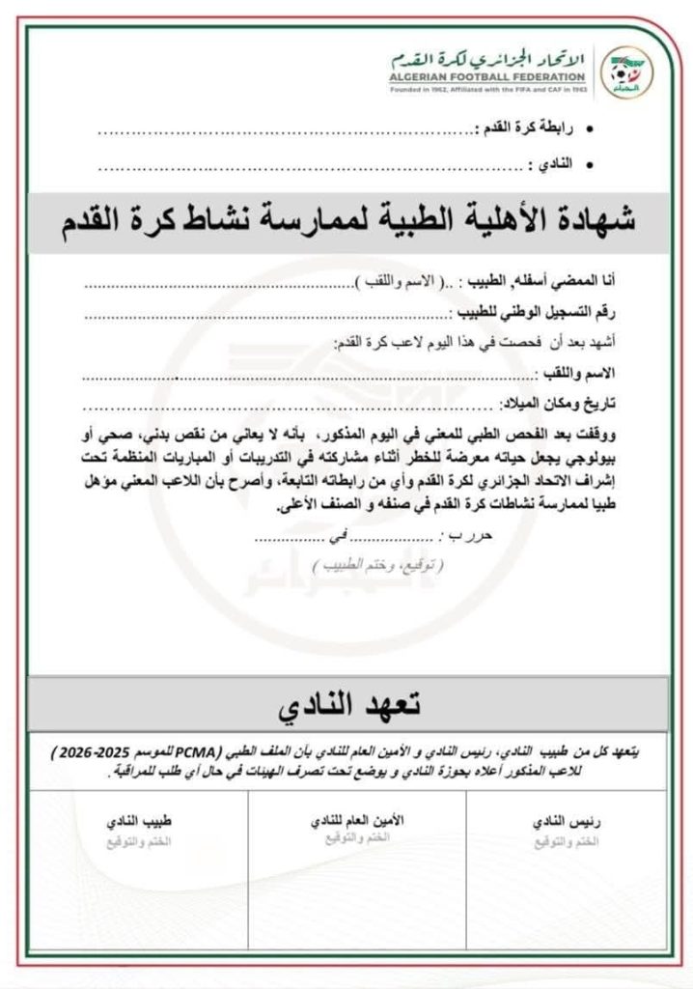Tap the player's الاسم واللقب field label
coord(577,372)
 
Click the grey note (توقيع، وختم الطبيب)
coord(378,563)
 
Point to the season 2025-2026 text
coord(95,749)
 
